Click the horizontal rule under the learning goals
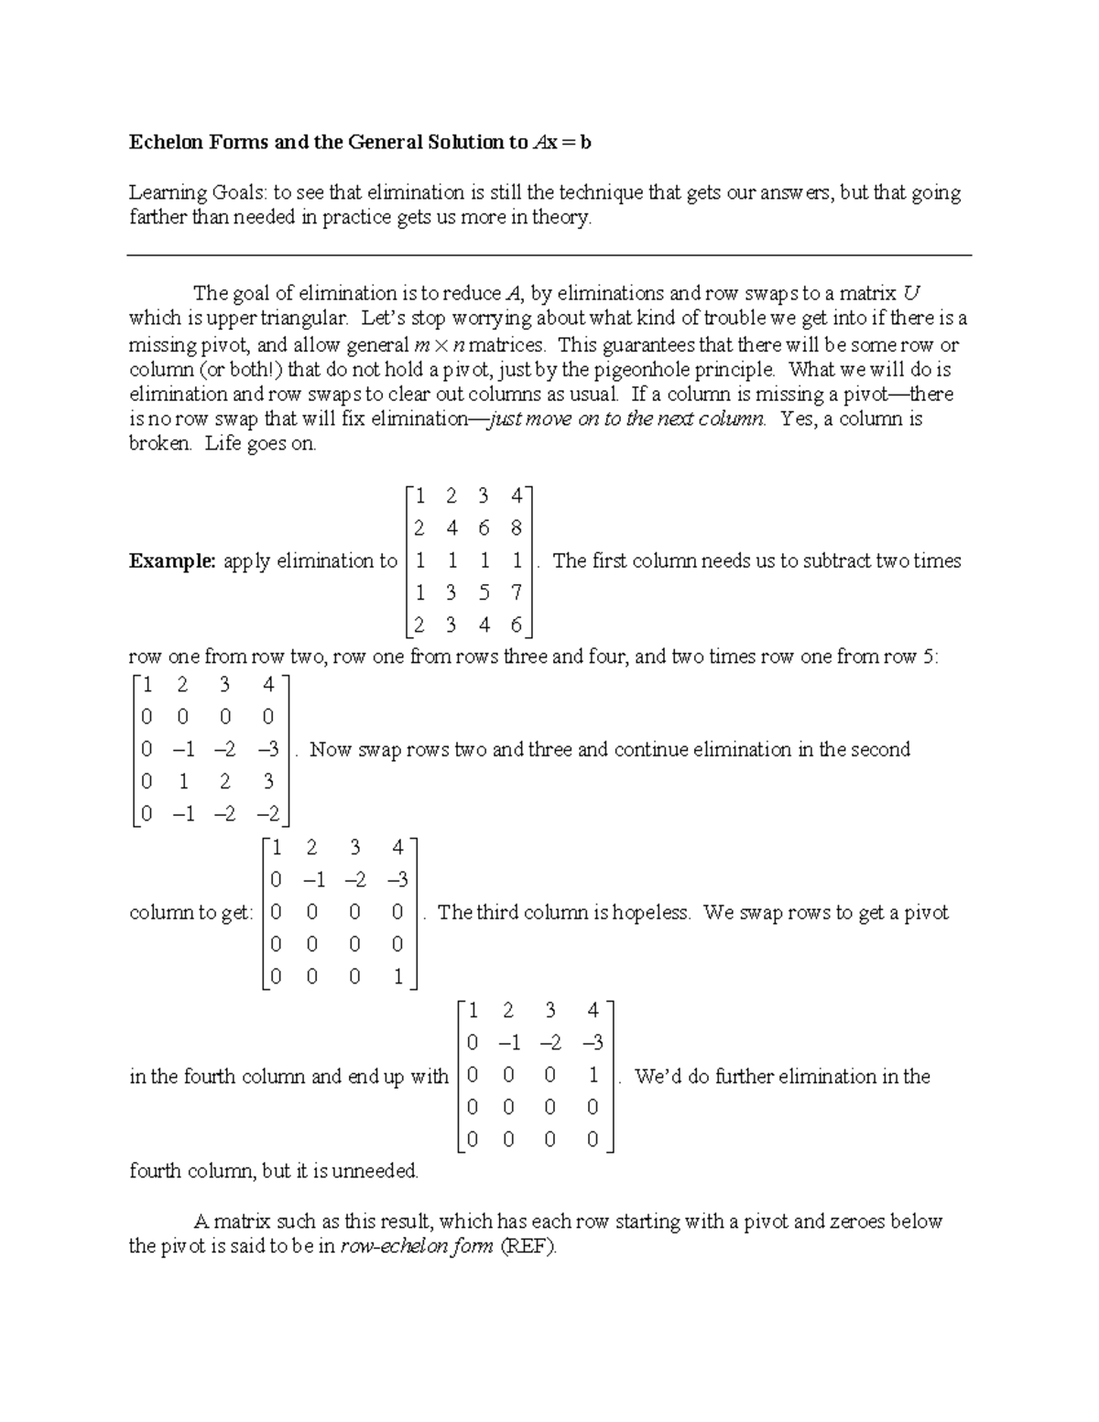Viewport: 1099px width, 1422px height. point(549,256)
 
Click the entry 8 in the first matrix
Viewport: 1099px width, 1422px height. point(517,528)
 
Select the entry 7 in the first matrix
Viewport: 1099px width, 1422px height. point(517,592)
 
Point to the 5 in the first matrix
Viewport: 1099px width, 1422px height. point(484,592)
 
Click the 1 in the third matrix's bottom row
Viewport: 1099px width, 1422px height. point(397,976)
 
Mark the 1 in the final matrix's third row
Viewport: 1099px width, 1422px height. point(593,1075)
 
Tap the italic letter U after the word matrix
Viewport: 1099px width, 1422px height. point(910,294)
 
